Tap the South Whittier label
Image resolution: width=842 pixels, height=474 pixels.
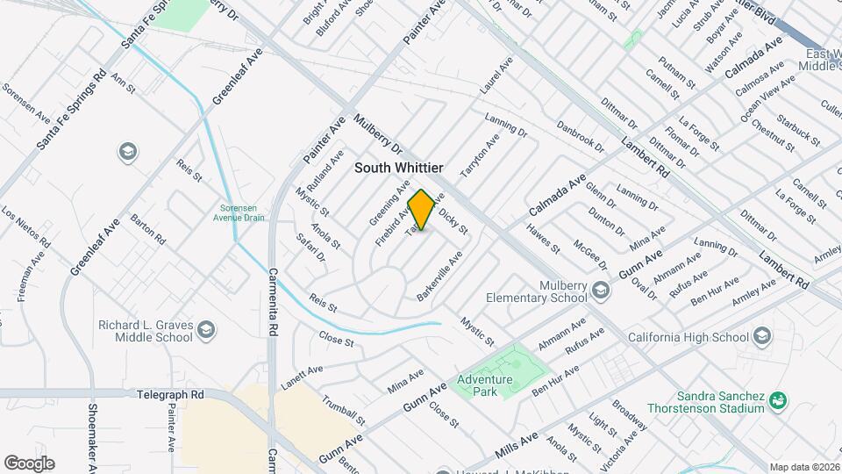[398, 167]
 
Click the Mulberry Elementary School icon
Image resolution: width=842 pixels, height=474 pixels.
[600, 289]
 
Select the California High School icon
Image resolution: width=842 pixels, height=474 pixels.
[762, 336]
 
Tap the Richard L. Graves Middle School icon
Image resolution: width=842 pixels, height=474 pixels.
[206, 329]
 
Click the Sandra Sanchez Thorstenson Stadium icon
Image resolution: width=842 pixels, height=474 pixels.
[777, 400]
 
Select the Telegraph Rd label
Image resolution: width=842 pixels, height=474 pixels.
[170, 395]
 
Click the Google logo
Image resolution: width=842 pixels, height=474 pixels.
[28, 463]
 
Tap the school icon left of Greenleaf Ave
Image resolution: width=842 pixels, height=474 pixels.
[127, 152]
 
